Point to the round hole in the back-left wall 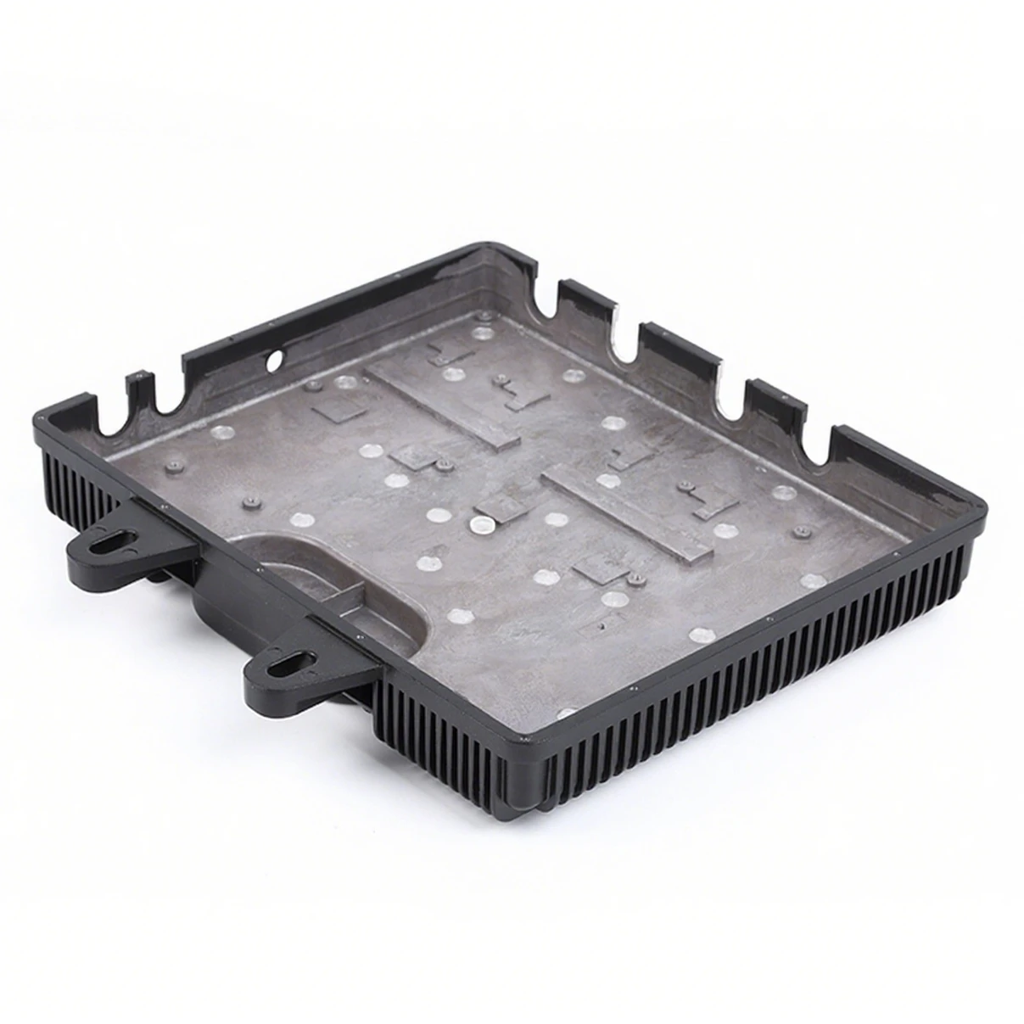pos(273,361)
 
